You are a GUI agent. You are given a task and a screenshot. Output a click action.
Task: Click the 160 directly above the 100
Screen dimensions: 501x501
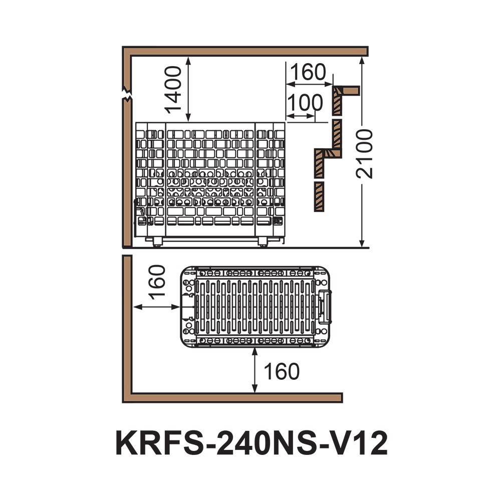tap(307, 72)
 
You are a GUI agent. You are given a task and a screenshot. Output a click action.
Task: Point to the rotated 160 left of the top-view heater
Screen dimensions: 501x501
tap(157, 283)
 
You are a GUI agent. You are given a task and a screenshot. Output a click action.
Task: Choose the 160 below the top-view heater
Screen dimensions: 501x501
tap(281, 372)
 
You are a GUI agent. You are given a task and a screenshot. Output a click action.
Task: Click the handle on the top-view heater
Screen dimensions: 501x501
tap(325, 306)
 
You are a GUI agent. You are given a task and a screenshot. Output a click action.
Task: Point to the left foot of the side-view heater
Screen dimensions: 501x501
tap(158, 243)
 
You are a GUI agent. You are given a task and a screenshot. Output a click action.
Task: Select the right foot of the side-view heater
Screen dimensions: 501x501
tap(262, 243)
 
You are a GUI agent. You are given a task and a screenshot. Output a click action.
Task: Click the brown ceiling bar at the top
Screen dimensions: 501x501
tap(245, 51)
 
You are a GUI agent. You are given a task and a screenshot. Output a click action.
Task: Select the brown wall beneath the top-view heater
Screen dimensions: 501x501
tap(235, 398)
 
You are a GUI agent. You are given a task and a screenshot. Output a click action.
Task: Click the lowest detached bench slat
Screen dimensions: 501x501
tap(318, 196)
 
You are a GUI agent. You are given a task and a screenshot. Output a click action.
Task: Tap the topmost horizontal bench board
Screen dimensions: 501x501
tap(347, 90)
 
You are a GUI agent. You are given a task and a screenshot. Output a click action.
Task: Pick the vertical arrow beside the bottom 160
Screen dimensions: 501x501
tap(255, 371)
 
